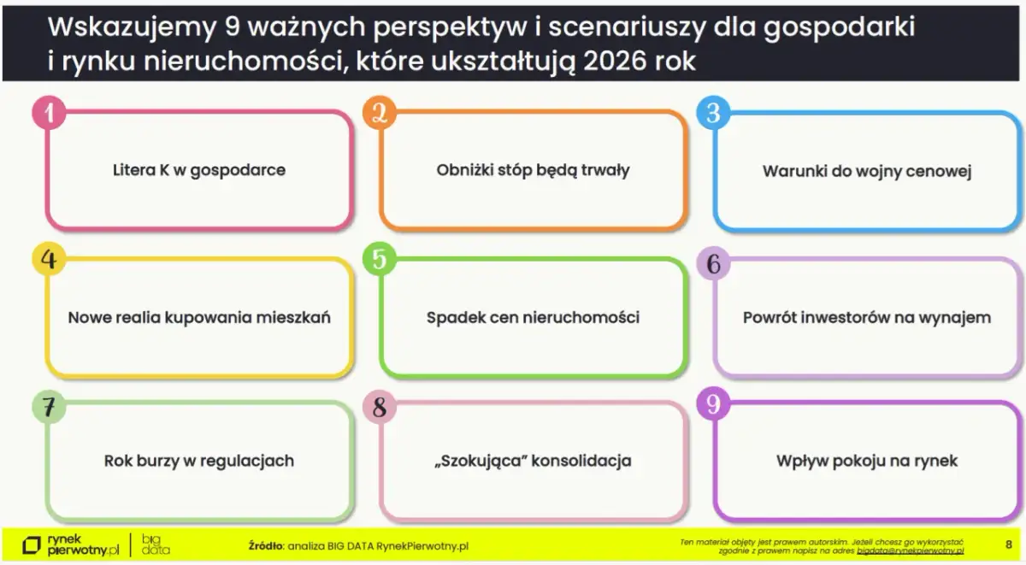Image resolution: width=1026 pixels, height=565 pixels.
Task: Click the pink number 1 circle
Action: click(49, 113)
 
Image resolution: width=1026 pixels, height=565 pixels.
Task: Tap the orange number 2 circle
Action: click(380, 113)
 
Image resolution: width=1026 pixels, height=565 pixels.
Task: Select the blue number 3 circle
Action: click(713, 113)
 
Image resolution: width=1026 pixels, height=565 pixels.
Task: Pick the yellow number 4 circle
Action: click(49, 259)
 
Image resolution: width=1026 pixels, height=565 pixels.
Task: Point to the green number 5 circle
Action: click(380, 259)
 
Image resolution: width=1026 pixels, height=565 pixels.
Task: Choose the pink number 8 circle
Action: click(380, 407)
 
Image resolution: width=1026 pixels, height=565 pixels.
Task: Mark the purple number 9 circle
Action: click(713, 403)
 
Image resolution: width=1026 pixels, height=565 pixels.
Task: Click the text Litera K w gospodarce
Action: click(199, 170)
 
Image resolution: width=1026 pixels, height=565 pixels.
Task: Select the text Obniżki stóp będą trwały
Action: click(533, 170)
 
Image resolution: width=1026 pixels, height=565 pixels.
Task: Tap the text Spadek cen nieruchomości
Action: click(533, 318)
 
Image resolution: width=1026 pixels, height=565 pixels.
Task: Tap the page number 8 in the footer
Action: click(1008, 544)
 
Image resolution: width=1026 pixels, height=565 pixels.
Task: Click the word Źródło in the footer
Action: click(266, 545)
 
